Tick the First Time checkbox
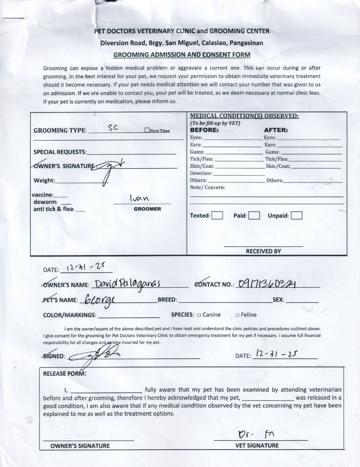[x=148, y=130]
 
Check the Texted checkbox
[x=218, y=215]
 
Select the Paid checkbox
[x=254, y=215]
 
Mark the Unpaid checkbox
[x=297, y=215]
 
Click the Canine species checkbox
[x=199, y=315]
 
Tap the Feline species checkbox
[x=237, y=315]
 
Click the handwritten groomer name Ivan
[x=140, y=198]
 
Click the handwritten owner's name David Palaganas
[x=128, y=284]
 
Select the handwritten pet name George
[x=96, y=300]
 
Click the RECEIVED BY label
[x=264, y=251]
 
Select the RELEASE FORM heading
[x=64, y=374]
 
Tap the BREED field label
[x=167, y=300]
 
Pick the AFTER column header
[x=276, y=130]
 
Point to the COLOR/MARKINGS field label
[x=70, y=315]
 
